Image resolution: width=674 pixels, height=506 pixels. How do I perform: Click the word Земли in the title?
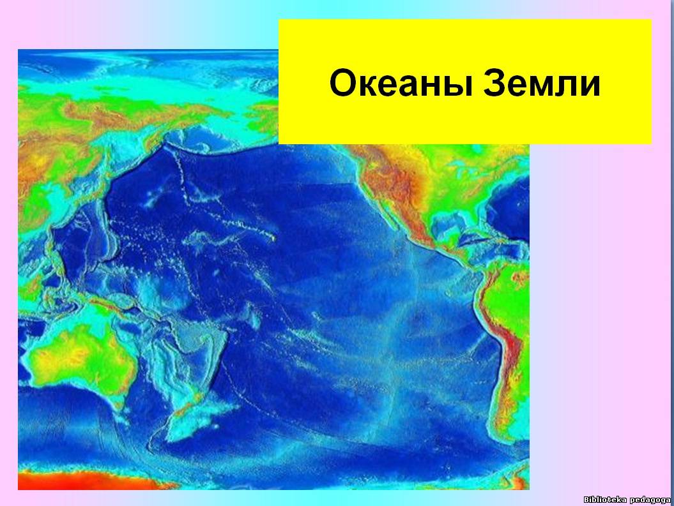542,83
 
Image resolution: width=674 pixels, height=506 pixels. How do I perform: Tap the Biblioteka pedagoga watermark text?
627,499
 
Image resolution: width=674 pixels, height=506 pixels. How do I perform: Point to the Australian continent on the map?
79,356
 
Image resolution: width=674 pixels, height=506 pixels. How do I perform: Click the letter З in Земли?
494,83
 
